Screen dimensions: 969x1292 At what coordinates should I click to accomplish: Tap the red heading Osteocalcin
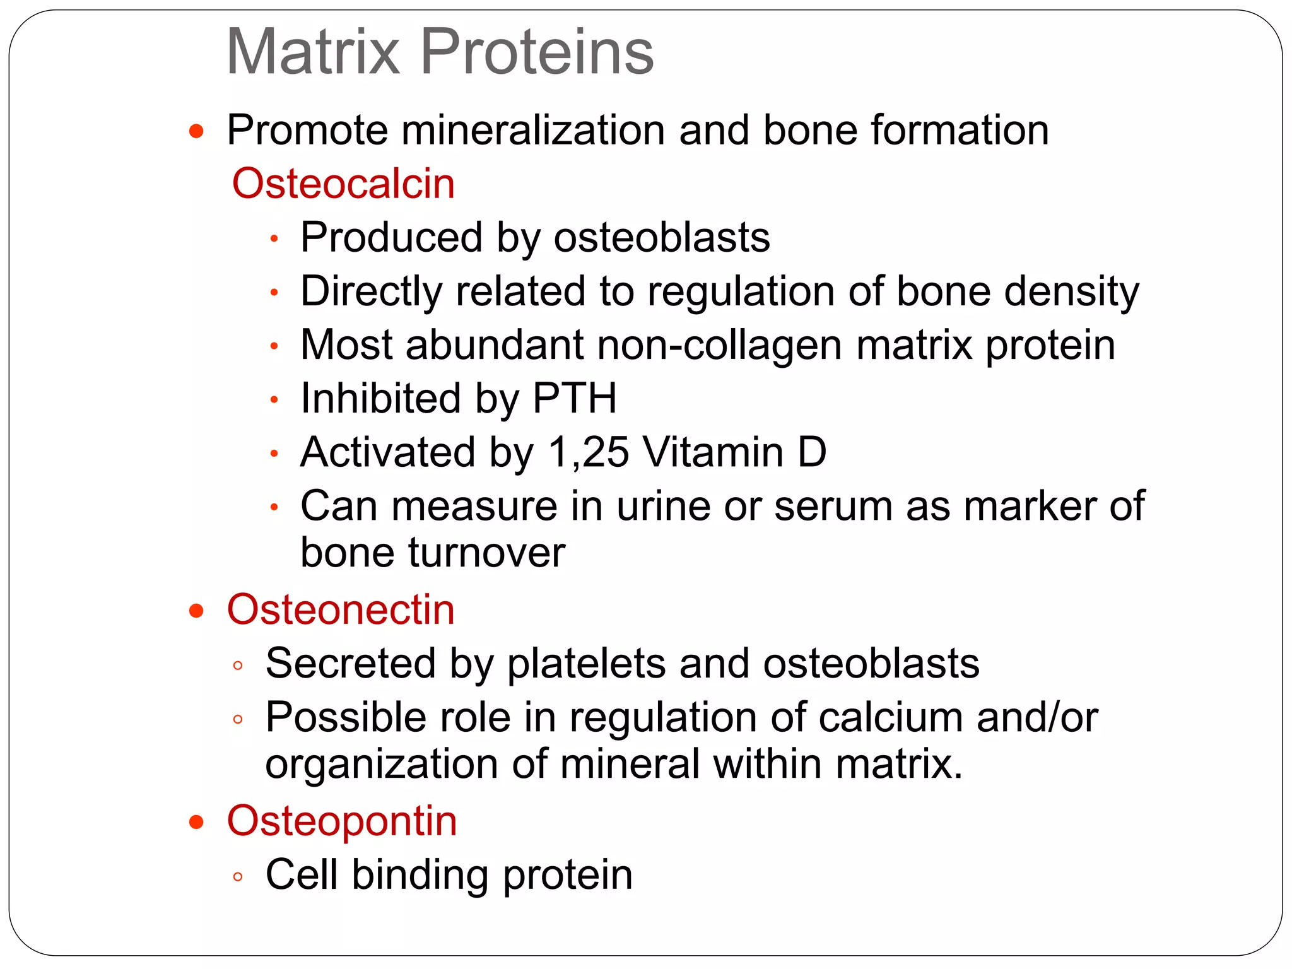point(343,184)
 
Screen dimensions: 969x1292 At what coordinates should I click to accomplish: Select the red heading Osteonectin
point(341,610)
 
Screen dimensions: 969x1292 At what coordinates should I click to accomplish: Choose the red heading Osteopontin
point(342,821)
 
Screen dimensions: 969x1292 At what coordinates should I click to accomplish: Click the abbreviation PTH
point(574,399)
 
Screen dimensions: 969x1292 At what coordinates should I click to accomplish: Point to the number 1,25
point(589,453)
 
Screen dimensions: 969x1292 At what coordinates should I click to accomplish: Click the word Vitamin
point(712,452)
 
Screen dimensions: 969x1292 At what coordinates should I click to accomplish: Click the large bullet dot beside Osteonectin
point(197,611)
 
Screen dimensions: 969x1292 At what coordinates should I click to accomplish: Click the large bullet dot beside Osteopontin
point(197,822)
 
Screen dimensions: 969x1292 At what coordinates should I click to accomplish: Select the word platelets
point(587,664)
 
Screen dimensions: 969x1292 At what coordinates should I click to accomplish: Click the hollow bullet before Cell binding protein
point(238,876)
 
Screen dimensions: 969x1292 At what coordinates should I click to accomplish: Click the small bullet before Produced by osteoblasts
point(274,239)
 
